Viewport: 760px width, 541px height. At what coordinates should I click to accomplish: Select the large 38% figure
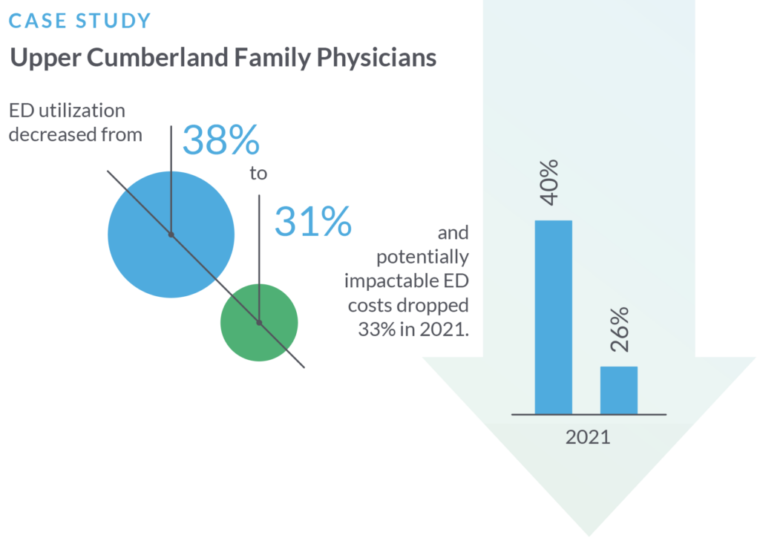[220, 140]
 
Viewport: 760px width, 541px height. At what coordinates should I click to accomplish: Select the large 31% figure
[312, 221]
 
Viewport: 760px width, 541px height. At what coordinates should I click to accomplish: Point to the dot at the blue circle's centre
[171, 235]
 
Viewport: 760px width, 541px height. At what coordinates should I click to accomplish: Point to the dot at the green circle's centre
[259, 323]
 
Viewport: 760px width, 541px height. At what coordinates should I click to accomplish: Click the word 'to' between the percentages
[258, 174]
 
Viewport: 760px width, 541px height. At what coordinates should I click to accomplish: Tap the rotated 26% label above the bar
[619, 329]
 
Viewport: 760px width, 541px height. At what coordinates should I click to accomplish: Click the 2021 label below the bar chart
[588, 436]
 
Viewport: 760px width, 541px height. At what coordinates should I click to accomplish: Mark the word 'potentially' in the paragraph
[422, 258]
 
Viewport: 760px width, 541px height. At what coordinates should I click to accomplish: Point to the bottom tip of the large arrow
[589, 534]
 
